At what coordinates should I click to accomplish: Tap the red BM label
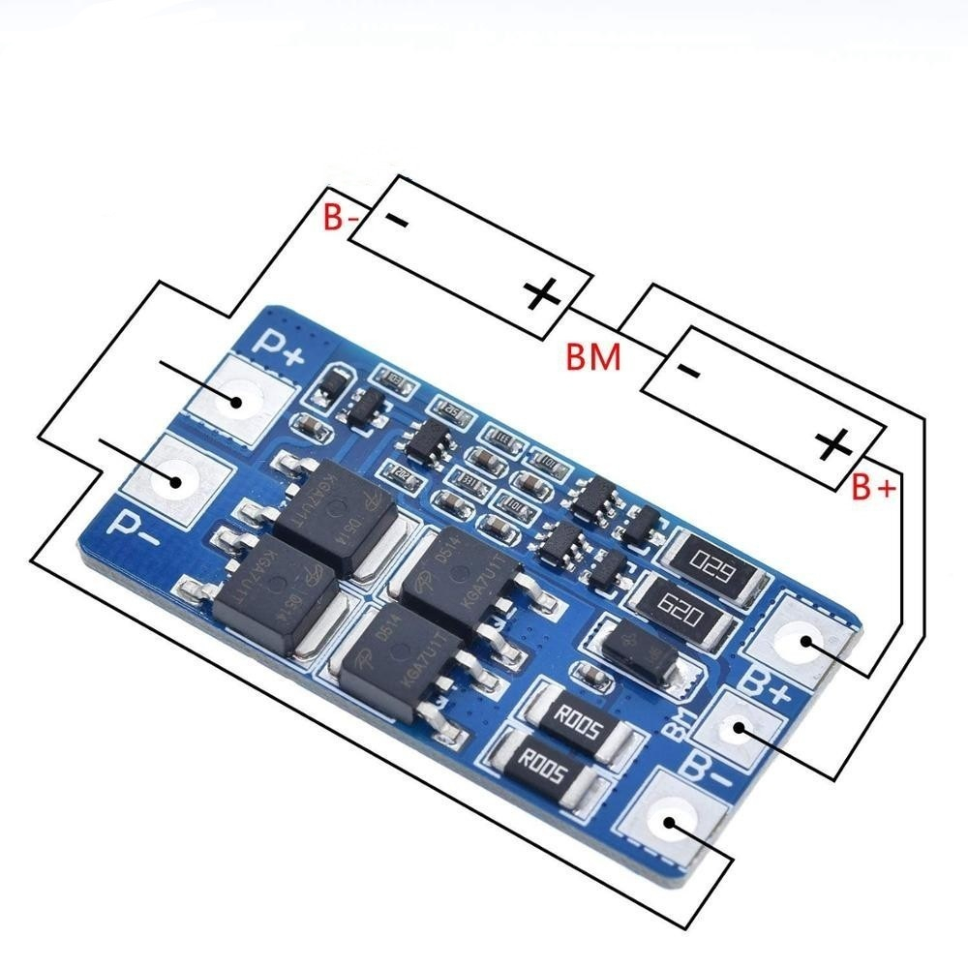click(x=594, y=359)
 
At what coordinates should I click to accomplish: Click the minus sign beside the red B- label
click(x=398, y=221)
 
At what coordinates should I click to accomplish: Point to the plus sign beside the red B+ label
click(x=834, y=446)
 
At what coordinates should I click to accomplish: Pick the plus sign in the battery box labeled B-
click(x=542, y=292)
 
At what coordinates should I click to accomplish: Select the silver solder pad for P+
click(x=234, y=399)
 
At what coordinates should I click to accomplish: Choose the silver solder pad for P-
click(x=180, y=479)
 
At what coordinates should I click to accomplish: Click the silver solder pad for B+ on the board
click(x=802, y=641)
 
